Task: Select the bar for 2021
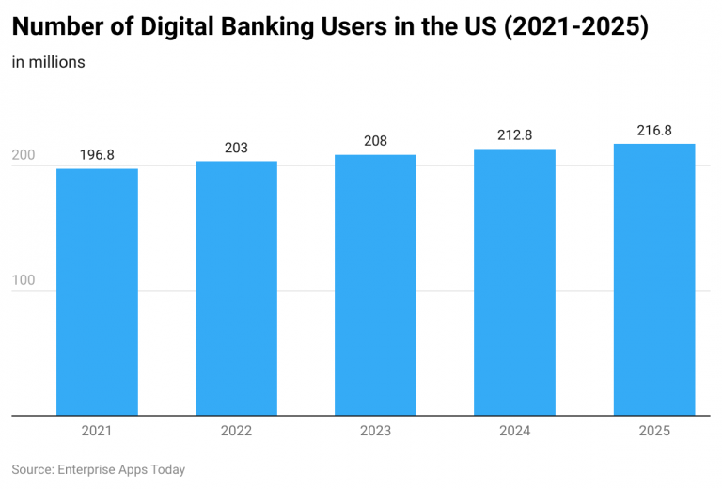click(97, 292)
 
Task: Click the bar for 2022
click(236, 288)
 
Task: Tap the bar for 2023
click(375, 285)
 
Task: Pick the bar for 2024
click(514, 282)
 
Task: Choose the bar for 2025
click(654, 279)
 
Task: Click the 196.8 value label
click(97, 155)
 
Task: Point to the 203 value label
click(236, 148)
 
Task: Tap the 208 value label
click(375, 141)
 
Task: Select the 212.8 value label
click(514, 135)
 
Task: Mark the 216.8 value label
click(654, 131)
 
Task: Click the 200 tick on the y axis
click(24, 166)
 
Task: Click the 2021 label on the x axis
click(97, 431)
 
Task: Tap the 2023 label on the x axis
click(375, 431)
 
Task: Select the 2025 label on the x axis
click(654, 431)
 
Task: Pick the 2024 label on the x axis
click(514, 431)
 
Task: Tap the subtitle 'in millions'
click(49, 63)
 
